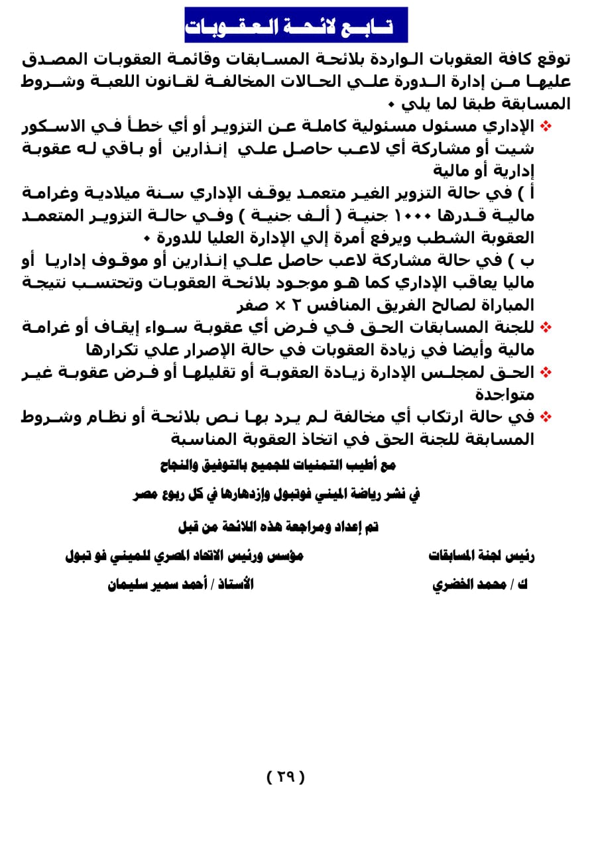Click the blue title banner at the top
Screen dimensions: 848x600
coord(296,25)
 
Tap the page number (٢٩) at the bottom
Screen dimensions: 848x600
coord(285,776)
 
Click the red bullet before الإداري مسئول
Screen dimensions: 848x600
coord(546,126)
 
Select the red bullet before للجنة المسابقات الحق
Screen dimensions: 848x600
coord(546,327)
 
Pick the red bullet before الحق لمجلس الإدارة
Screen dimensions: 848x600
coord(546,372)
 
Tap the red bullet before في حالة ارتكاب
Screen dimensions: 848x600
coord(546,416)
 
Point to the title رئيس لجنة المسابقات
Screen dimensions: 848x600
coord(481,556)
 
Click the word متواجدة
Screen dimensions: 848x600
coord(505,394)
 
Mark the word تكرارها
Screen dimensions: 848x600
coord(113,349)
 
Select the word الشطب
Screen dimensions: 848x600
coord(465,237)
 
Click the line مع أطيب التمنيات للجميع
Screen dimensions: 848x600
coord(278,465)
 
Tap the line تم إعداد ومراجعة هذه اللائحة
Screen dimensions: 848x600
coord(278,527)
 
